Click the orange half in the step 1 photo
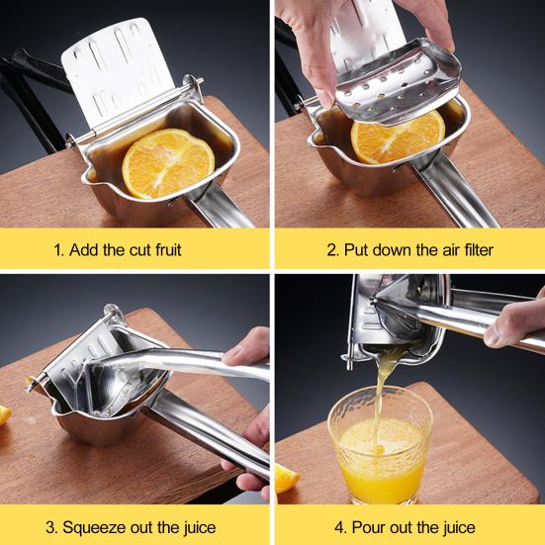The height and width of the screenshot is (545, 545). tap(168, 163)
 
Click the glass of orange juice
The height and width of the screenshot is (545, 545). tap(380, 445)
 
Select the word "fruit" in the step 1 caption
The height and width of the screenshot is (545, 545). tap(168, 249)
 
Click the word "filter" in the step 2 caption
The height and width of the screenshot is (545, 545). tap(479, 249)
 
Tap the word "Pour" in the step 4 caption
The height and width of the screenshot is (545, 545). tap(368, 527)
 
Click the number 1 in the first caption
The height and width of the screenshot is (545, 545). tap(58, 250)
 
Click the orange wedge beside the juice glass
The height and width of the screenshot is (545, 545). tap(287, 479)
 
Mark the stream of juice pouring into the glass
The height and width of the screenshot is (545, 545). tap(384, 393)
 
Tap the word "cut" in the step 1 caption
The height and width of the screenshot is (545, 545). tap(140, 250)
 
